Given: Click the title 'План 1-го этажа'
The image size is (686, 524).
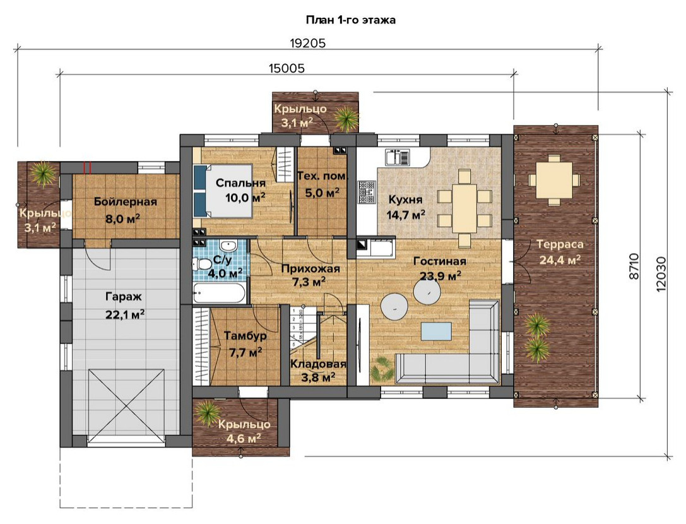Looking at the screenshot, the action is click(x=350, y=20).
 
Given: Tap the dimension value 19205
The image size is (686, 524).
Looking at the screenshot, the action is click(x=308, y=44).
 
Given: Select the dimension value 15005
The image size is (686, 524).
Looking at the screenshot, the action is click(x=287, y=68).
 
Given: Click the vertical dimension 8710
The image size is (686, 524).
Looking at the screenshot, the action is click(x=634, y=266).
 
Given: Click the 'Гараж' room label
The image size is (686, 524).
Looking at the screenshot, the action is click(x=124, y=297).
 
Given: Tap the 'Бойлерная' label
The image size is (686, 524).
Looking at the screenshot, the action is click(x=126, y=202).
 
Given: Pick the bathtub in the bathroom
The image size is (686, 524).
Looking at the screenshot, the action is click(x=219, y=293).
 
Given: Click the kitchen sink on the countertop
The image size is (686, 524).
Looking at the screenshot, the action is click(x=398, y=157).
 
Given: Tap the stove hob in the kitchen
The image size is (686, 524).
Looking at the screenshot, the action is click(x=367, y=192).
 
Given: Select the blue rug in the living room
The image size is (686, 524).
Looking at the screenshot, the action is click(x=436, y=331).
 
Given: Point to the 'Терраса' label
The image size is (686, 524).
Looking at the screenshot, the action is click(x=560, y=244).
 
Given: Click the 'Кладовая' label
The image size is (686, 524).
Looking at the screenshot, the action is click(x=318, y=364).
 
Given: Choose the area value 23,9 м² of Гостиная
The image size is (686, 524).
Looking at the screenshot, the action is click(x=440, y=277).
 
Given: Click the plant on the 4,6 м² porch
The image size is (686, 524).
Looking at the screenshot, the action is click(x=206, y=412).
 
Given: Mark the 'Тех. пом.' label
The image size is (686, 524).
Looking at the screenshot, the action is click(x=322, y=176).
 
